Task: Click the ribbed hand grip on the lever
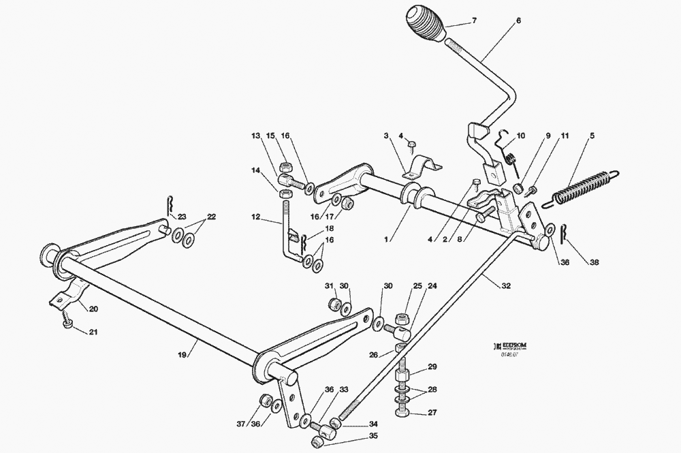click(x=426, y=25)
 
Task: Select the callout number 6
click(x=518, y=21)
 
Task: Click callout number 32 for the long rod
click(x=506, y=287)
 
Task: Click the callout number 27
click(x=433, y=413)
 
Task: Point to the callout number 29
click(x=432, y=368)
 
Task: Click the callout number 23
click(x=182, y=216)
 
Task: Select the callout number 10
click(x=521, y=136)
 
